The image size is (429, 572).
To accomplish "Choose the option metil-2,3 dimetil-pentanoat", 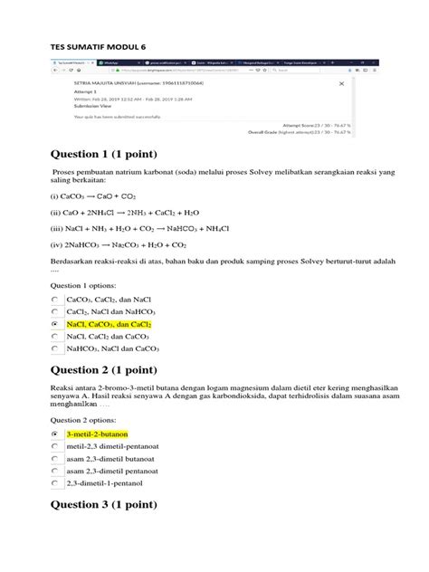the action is click(x=113, y=447).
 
